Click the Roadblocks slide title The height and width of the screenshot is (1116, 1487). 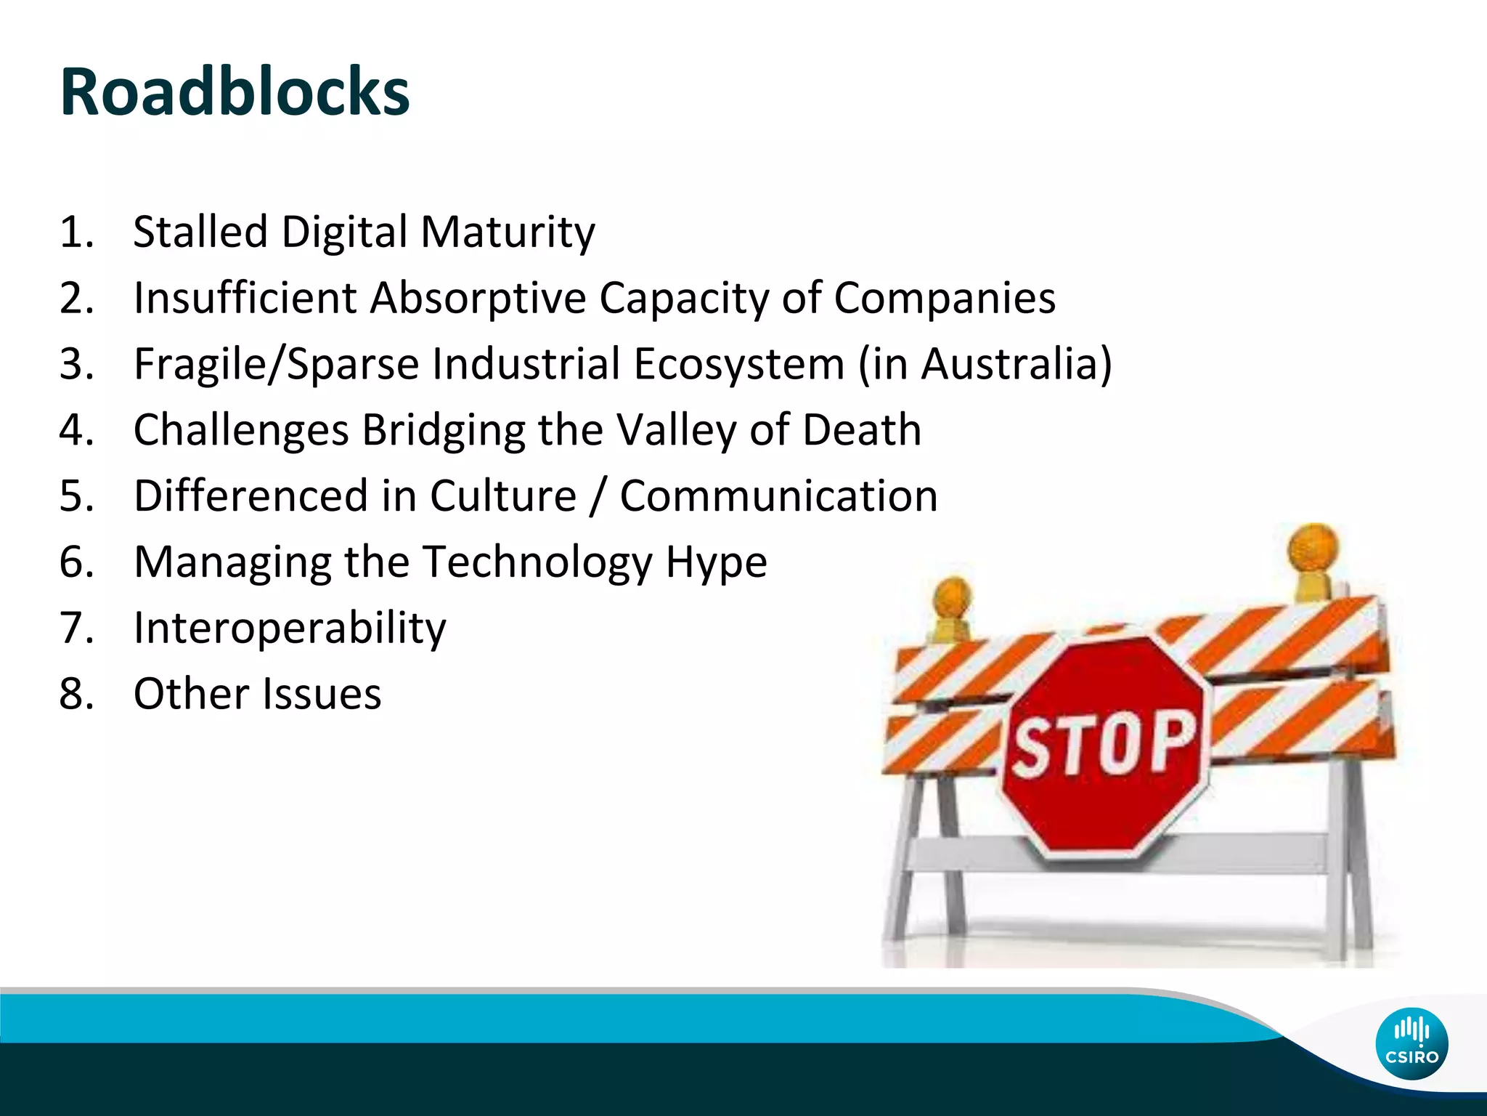click(x=235, y=92)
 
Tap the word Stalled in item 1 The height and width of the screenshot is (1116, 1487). click(x=200, y=232)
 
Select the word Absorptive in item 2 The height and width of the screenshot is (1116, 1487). click(x=478, y=298)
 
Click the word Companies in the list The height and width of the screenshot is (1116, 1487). click(x=944, y=298)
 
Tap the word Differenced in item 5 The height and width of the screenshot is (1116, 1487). click(x=251, y=496)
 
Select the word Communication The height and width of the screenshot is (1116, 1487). click(x=778, y=496)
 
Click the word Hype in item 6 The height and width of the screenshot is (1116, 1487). click(x=716, y=562)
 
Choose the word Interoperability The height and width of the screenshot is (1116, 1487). click(x=290, y=628)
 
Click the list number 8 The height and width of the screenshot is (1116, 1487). click(x=76, y=694)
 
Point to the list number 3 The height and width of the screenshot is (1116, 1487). click(x=76, y=363)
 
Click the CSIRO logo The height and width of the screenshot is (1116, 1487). click(x=1411, y=1043)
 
